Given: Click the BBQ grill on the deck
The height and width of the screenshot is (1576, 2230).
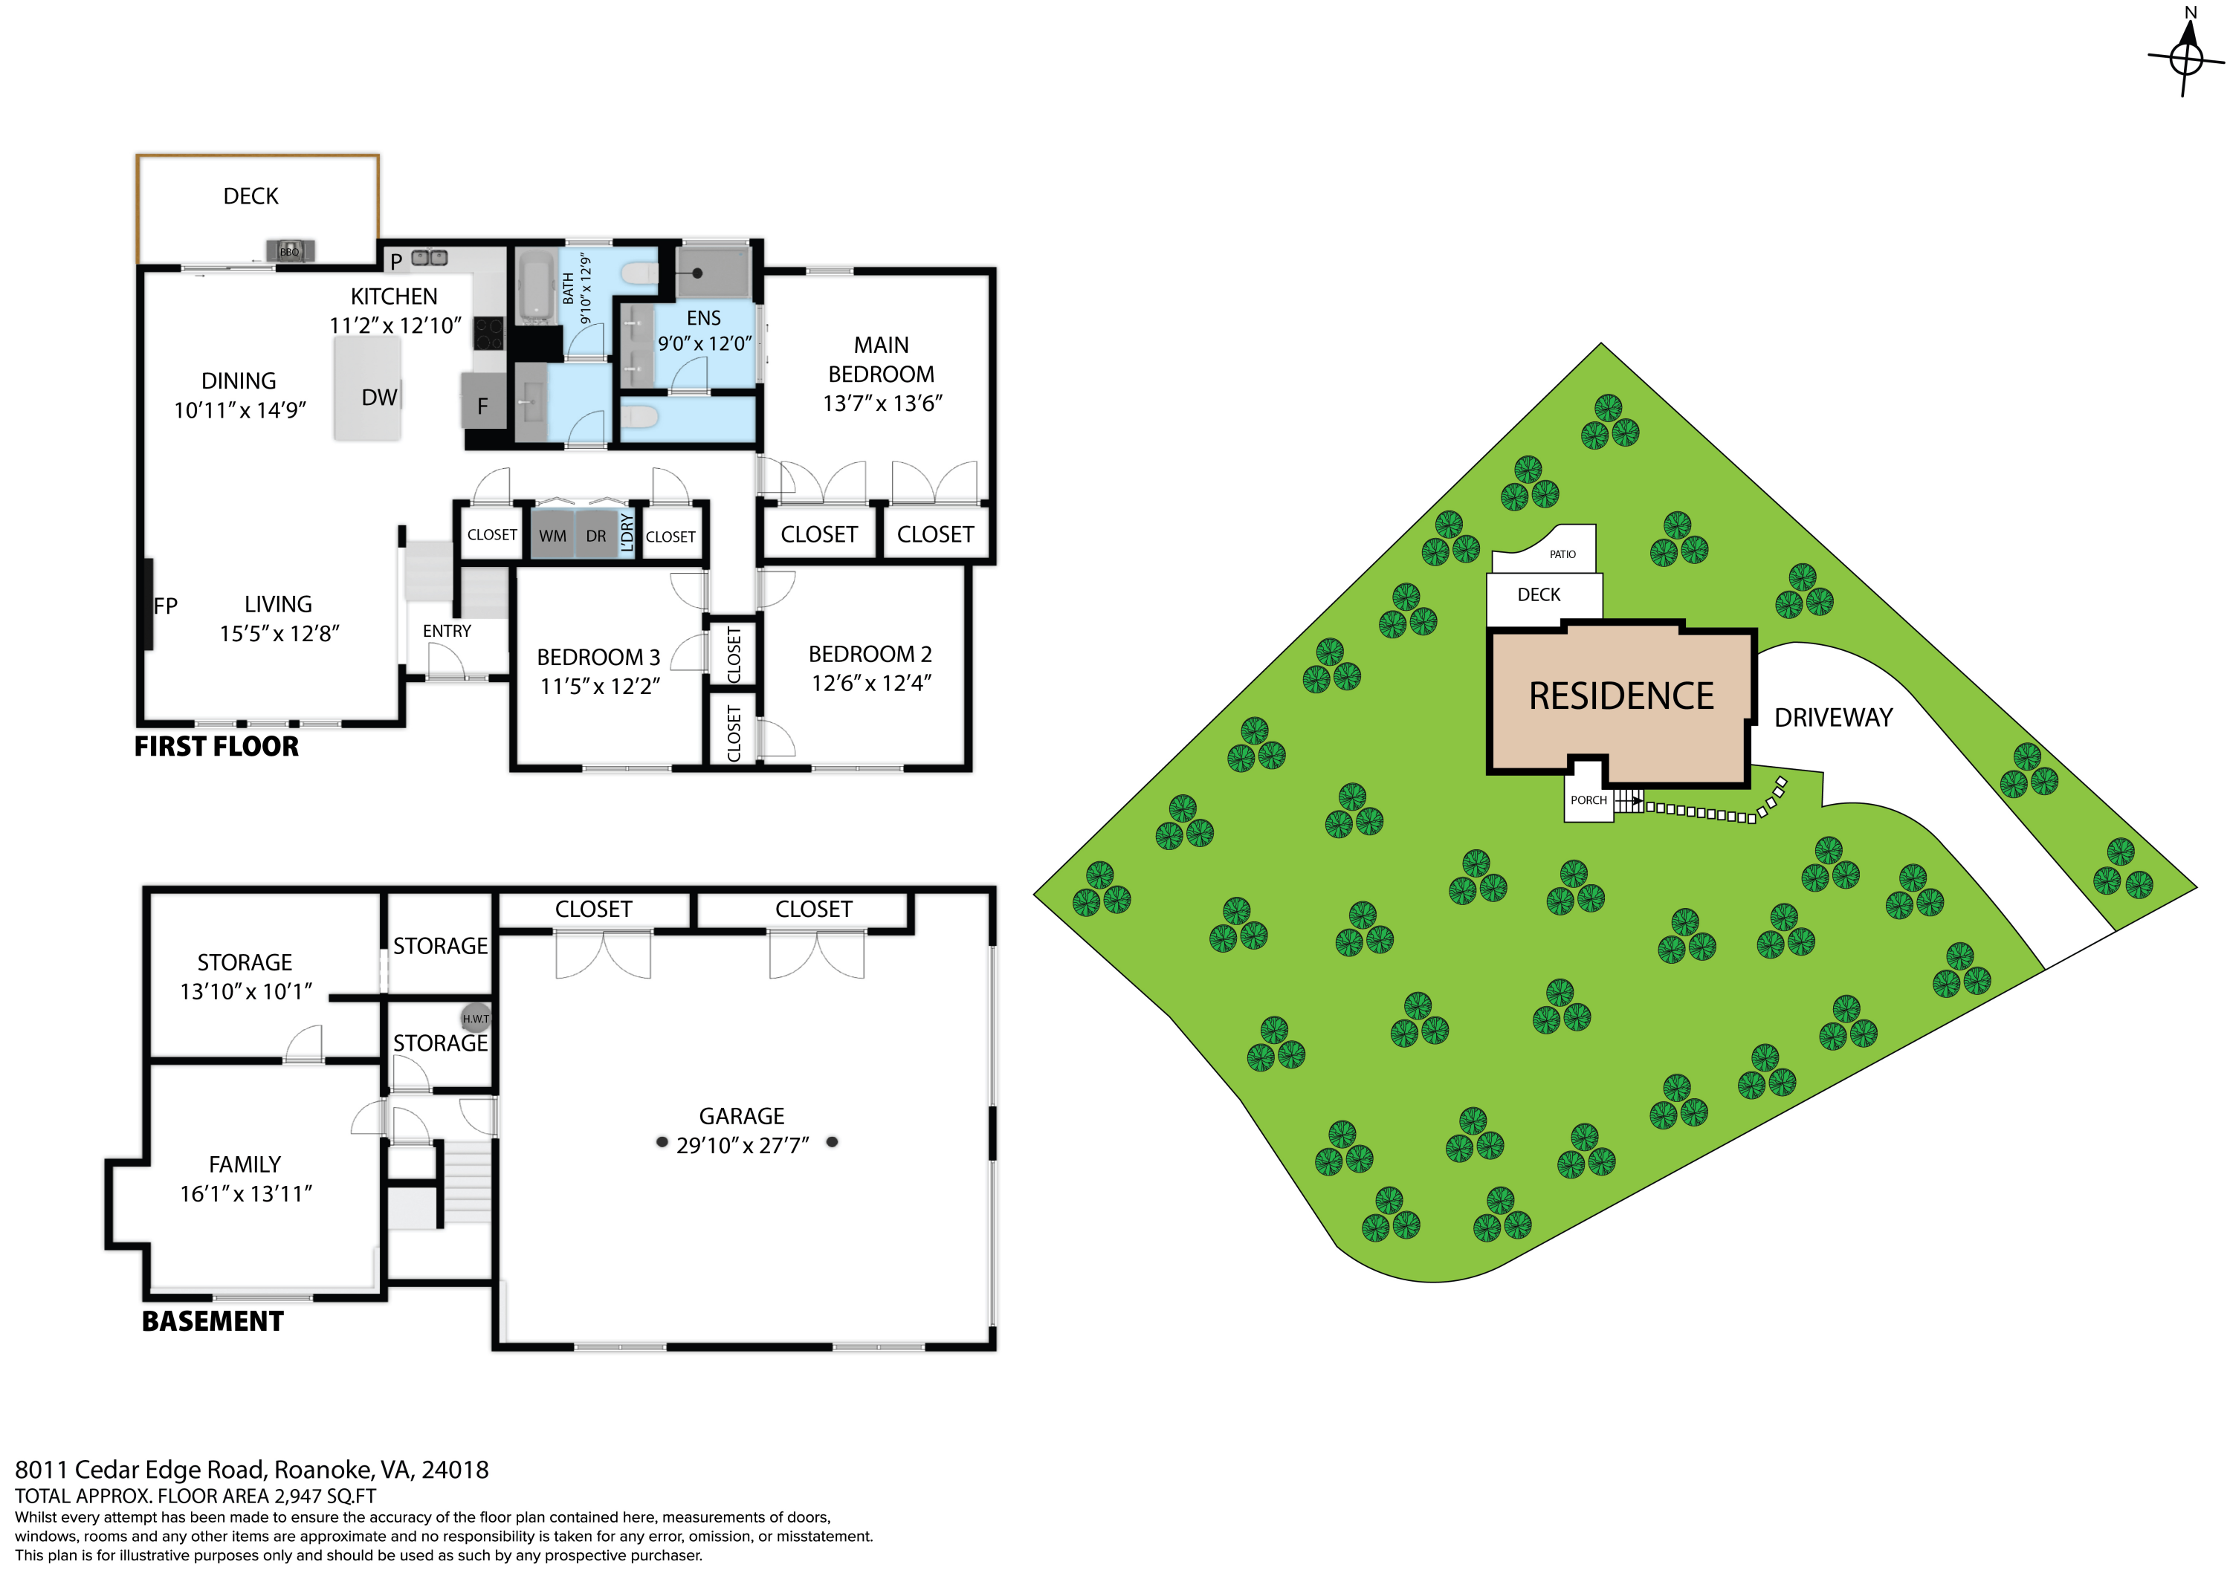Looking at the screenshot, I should coord(289,250).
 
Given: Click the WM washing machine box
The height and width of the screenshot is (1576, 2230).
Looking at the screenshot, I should coord(552,535).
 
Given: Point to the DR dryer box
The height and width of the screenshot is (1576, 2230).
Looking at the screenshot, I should coord(595,535).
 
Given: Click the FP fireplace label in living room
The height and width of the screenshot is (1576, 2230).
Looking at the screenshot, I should coord(166,606).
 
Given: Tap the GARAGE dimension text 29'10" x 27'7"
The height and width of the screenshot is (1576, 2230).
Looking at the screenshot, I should coord(742,1146).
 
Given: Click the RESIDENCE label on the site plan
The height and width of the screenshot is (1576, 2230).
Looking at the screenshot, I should coord(1621,696).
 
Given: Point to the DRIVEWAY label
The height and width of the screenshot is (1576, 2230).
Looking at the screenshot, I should coord(1833,718).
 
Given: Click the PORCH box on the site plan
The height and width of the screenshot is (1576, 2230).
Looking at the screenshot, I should coord(1588,800).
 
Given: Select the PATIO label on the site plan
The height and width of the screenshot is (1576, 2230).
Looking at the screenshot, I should coord(1562,554).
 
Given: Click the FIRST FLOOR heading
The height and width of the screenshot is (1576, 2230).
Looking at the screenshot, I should coord(216,746).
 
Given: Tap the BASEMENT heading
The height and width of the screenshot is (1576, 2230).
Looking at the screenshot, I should coord(213,1320).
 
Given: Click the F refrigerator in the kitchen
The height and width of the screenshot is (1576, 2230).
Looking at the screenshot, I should coord(482,405).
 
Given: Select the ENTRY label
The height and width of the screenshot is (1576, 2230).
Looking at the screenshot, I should coord(447,631).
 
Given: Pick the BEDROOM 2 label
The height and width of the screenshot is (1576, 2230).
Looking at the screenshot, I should coord(870,655).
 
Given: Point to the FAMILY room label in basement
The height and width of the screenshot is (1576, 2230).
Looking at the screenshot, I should coord(245,1164).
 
